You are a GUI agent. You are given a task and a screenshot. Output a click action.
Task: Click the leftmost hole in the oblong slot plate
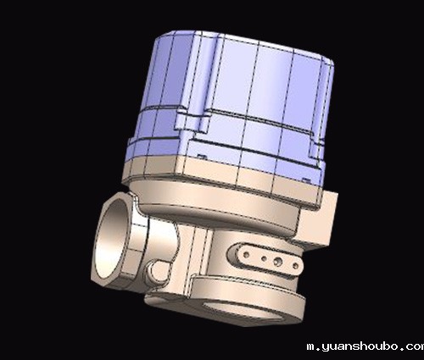pyautogui.click(x=246, y=255)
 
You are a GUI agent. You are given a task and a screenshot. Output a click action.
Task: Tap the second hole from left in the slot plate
pyautogui.click(x=264, y=258)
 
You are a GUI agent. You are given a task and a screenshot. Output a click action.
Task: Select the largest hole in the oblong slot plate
pyautogui.click(x=278, y=262)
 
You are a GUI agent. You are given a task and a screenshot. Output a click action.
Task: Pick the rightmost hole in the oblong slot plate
pyautogui.click(x=295, y=266)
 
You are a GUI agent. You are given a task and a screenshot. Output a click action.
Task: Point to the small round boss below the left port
pyautogui.click(x=156, y=272)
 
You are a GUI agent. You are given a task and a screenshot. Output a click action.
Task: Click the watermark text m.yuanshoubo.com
pyautogui.click(x=365, y=346)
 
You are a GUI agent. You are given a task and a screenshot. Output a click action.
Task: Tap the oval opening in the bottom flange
pyautogui.click(x=243, y=311)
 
